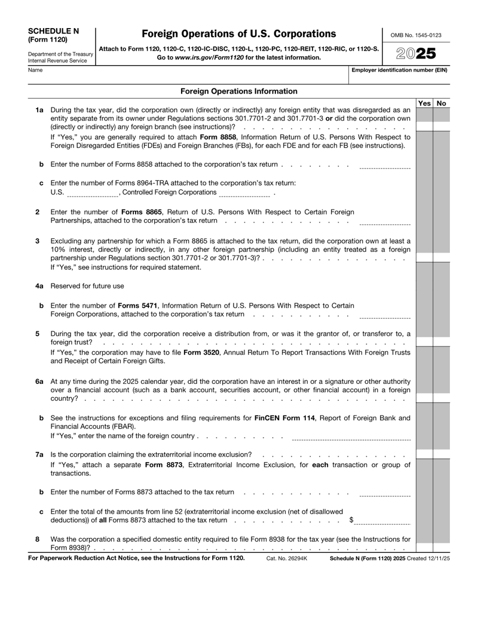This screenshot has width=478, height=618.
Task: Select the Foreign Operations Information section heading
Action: click(x=238, y=91)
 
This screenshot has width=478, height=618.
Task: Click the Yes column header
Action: click(x=423, y=103)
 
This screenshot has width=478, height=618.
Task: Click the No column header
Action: click(x=442, y=103)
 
